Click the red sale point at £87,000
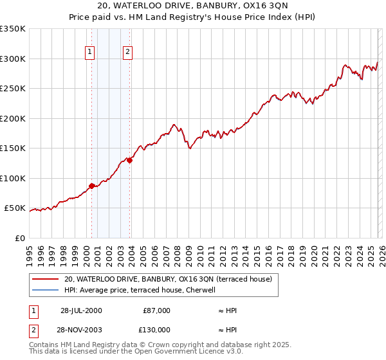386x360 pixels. (91, 186)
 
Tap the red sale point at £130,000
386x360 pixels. (130, 161)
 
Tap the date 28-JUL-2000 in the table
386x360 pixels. (81, 310)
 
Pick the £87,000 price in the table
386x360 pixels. (156, 310)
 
